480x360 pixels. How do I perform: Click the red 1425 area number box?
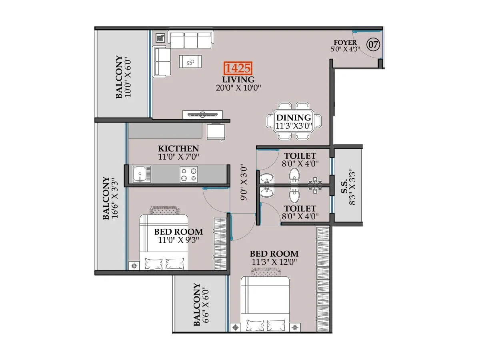point(238,68)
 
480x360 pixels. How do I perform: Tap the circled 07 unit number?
point(373,44)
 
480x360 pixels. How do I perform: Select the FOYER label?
point(345,42)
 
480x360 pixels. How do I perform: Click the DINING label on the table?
point(294,118)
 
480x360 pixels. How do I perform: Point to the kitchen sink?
point(140,174)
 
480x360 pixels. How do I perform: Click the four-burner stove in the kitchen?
point(189,174)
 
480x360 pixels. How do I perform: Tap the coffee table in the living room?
point(190,62)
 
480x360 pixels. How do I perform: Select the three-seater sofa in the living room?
point(191,40)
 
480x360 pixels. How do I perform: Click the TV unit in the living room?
point(202,115)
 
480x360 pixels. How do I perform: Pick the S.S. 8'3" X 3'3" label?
point(348,186)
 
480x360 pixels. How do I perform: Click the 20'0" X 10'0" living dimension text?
point(238,88)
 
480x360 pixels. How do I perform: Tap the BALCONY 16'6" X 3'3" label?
point(110,198)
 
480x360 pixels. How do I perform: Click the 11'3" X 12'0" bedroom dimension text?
point(274,262)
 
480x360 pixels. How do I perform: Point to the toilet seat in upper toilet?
point(295,175)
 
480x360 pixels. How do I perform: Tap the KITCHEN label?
point(178,148)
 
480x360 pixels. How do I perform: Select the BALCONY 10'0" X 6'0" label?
point(124,77)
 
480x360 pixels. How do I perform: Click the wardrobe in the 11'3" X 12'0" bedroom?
point(323,278)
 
